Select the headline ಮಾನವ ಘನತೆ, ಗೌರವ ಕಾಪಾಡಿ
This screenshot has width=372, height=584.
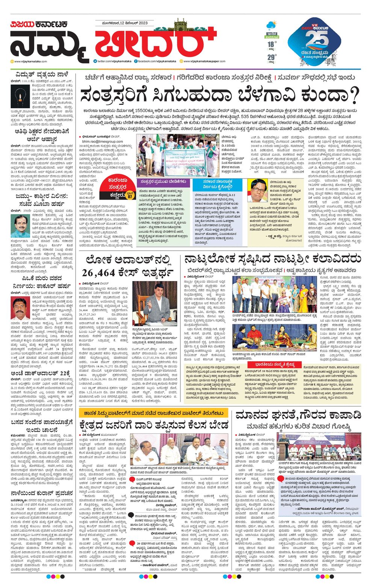(x=298, y=415)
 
